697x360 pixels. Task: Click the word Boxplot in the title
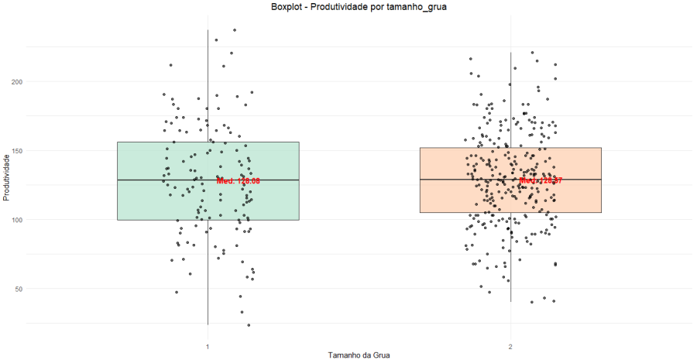(288, 7)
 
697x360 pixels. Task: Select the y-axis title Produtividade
(8, 177)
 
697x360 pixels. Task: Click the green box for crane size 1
(155, 201)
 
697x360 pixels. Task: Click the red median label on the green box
(238, 180)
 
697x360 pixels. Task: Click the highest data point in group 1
(235, 30)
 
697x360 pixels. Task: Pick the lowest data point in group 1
(249, 325)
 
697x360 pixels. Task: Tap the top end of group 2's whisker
(510, 53)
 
